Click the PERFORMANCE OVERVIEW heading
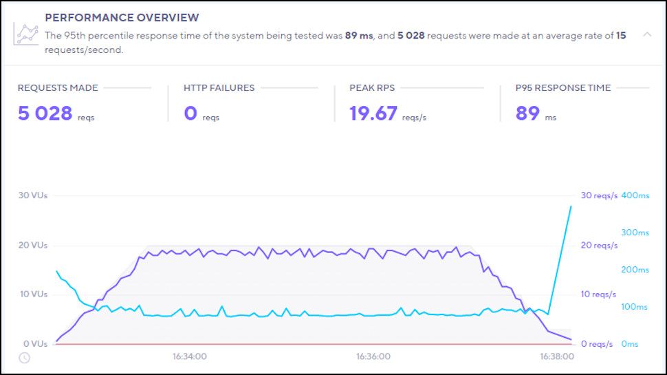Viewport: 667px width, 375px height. pos(122,17)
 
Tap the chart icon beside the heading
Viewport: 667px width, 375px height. pos(28,33)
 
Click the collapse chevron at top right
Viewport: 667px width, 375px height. pos(647,34)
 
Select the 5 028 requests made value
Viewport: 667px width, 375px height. pos(45,113)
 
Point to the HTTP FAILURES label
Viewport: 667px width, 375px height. pos(219,88)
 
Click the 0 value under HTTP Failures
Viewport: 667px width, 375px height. pos(190,113)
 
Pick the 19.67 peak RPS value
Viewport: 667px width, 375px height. pos(373,113)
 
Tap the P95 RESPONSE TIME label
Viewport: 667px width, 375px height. pos(562,88)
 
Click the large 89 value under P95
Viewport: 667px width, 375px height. pos(527,113)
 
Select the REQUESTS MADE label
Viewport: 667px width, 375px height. pos(58,88)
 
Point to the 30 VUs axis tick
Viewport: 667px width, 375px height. pos(32,195)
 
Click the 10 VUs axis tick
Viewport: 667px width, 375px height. pos(32,294)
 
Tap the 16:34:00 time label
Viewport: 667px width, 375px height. pos(190,357)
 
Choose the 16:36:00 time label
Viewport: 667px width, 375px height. pos(373,357)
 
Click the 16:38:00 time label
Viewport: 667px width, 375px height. pos(556,357)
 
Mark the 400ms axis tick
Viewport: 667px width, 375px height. pos(635,195)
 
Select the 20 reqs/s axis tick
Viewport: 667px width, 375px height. pos(599,245)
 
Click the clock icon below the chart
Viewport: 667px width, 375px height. pos(24,357)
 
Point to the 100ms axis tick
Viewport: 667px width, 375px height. pos(635,307)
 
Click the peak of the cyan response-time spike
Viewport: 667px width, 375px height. pos(571,206)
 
